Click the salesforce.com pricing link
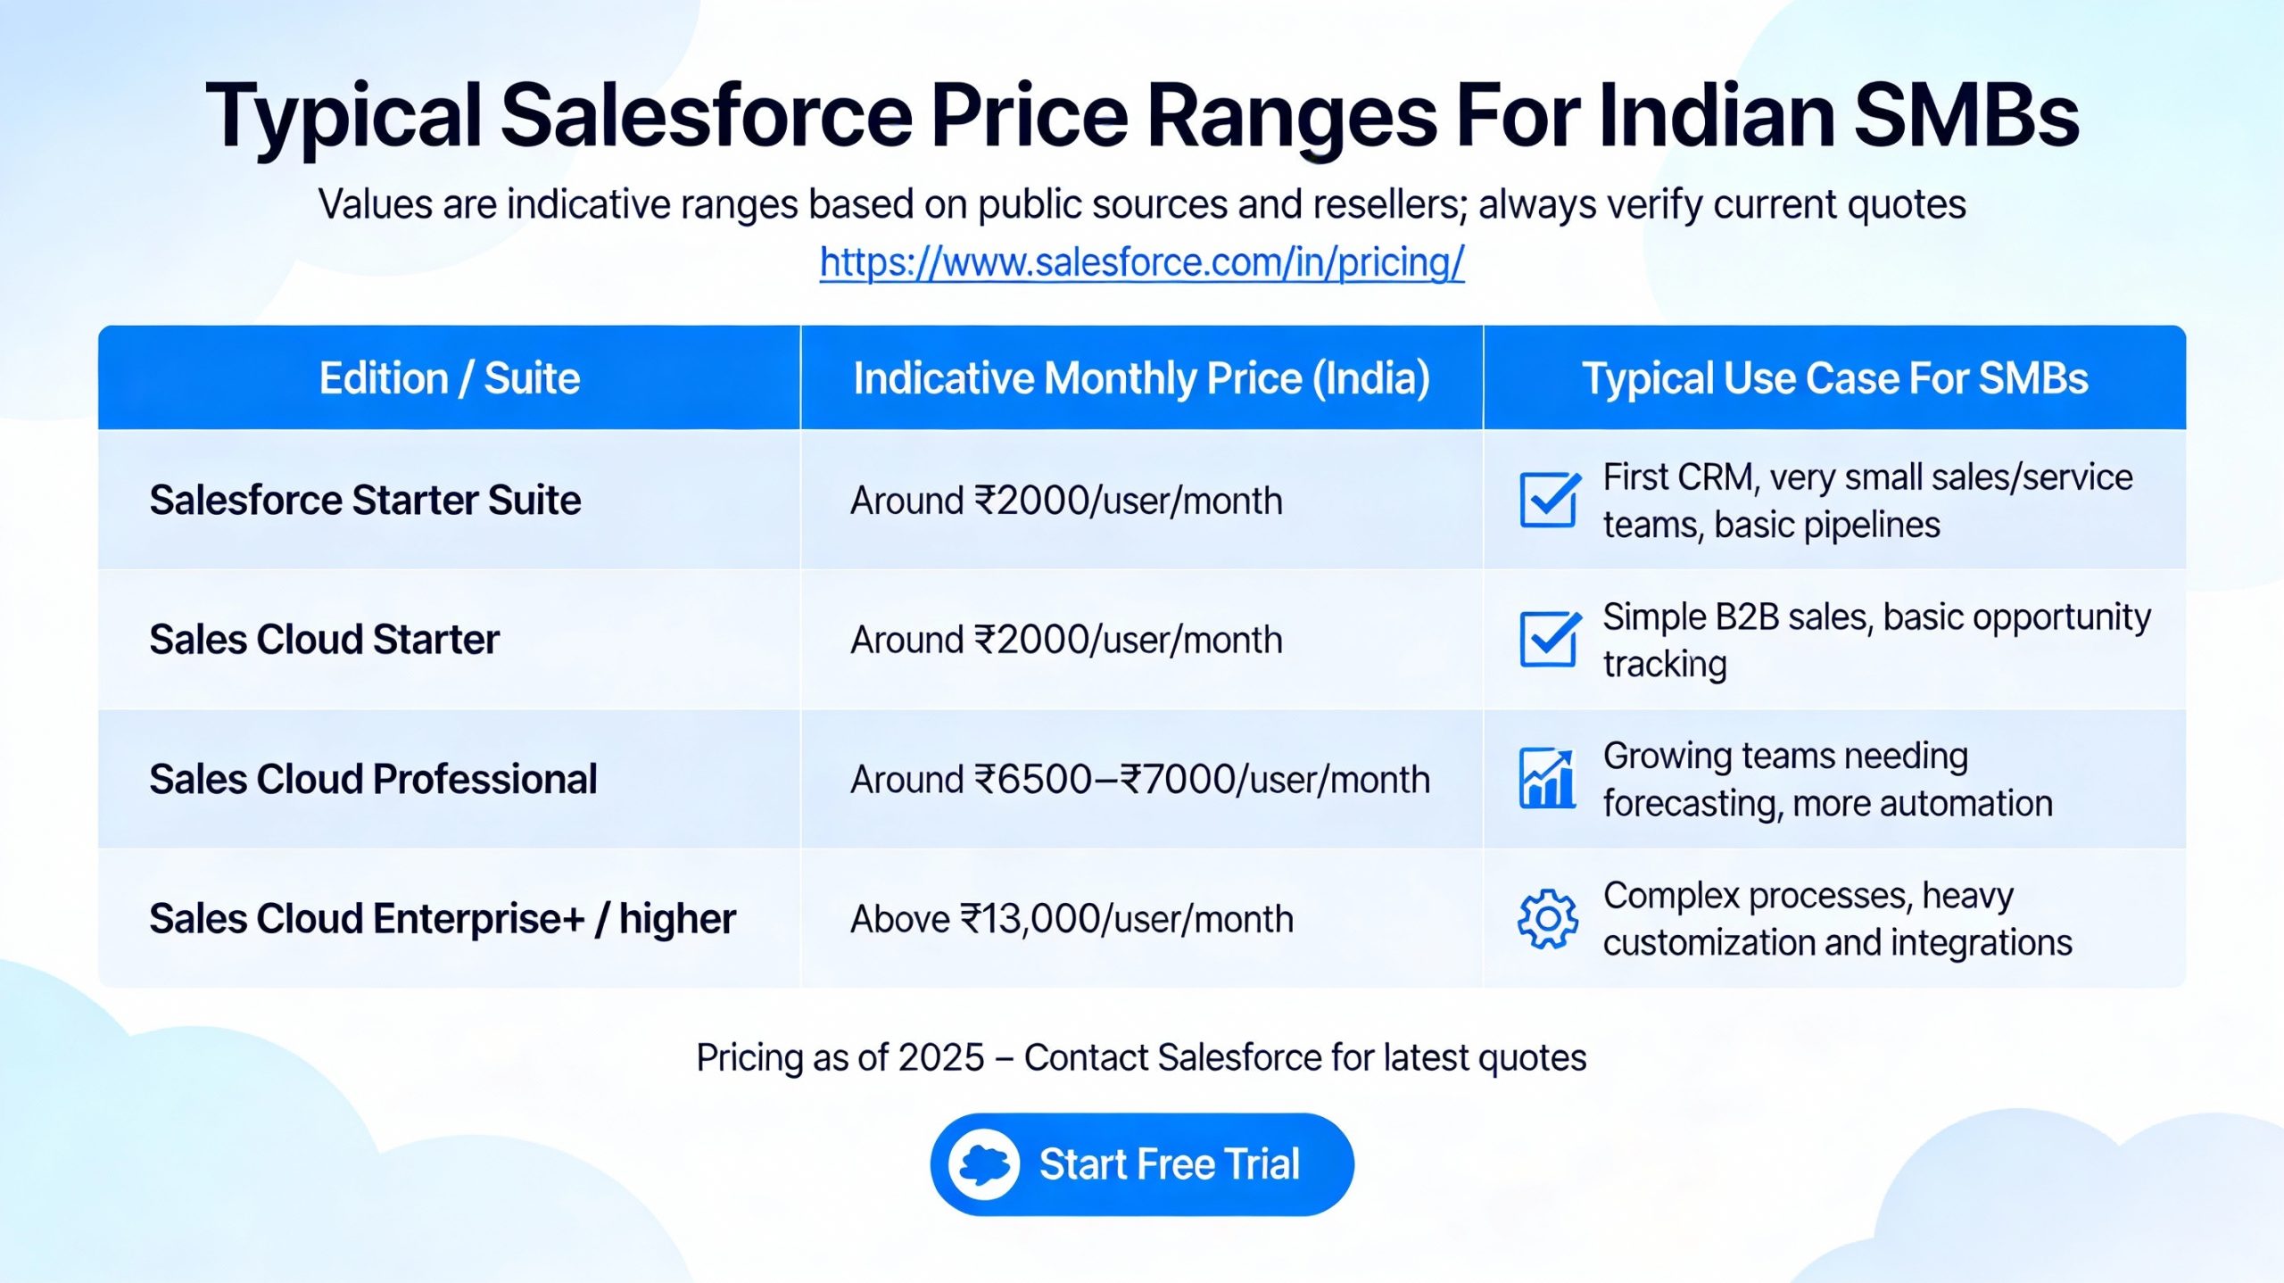(x=1141, y=263)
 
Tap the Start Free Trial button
(x=1141, y=1163)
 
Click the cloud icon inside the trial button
(x=984, y=1163)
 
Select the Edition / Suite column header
(x=450, y=378)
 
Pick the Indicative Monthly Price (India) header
(x=1141, y=378)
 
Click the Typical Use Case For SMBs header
(x=1834, y=378)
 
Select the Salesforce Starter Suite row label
(x=365, y=500)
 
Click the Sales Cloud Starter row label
(x=324, y=640)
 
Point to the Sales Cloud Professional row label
(x=373, y=779)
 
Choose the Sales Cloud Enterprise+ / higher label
(x=443, y=919)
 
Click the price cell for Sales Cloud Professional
(x=1139, y=780)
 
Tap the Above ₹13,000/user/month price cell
(x=1072, y=919)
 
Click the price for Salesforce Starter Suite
(x=1066, y=501)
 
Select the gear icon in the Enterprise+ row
(x=1548, y=919)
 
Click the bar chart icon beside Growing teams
(x=1548, y=779)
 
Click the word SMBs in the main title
(x=1965, y=116)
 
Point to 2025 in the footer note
(x=940, y=1058)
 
